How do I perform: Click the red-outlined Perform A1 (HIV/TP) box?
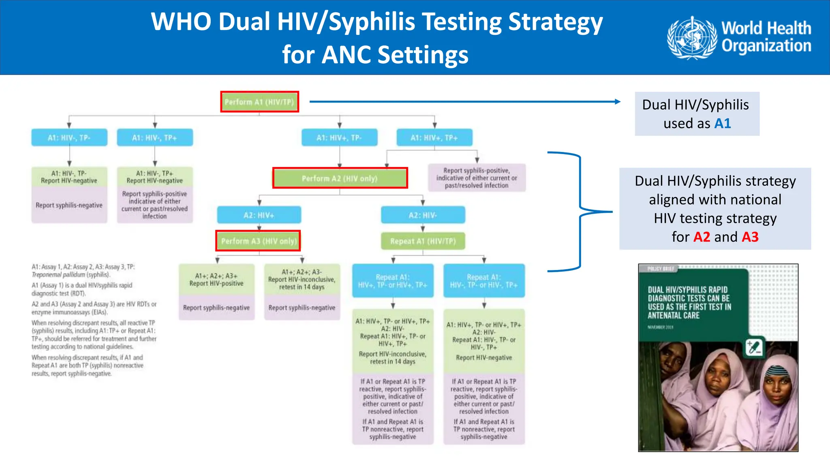click(x=259, y=102)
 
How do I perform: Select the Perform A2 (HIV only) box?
click(x=340, y=178)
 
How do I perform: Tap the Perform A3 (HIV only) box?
click(x=258, y=241)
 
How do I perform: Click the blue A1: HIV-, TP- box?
click(x=69, y=138)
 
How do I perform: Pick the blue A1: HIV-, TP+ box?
click(x=154, y=138)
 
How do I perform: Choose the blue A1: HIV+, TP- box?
click(x=339, y=138)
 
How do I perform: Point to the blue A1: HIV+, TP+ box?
click(x=434, y=138)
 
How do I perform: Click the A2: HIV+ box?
click(x=259, y=215)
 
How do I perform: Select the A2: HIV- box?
click(x=423, y=215)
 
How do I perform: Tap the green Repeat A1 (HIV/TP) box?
click(x=423, y=241)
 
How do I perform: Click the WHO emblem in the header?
click(x=692, y=37)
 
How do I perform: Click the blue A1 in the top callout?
click(x=723, y=123)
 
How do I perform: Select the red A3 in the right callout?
click(x=750, y=237)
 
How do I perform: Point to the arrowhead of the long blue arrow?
click(x=618, y=102)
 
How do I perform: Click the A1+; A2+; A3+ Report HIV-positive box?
click(x=216, y=280)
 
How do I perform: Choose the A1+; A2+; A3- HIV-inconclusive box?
click(x=302, y=280)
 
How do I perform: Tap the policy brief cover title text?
click(x=689, y=302)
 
